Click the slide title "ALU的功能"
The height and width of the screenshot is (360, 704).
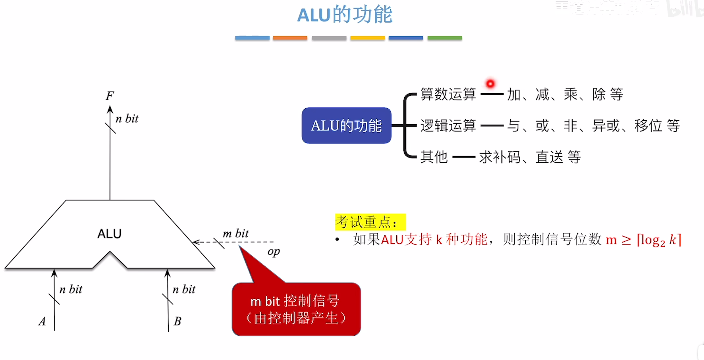coord(345,15)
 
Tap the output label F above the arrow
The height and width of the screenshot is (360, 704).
coord(110,96)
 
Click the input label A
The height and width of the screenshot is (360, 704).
coord(42,321)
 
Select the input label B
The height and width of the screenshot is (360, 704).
coord(177,321)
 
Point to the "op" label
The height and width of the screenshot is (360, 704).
coord(274,252)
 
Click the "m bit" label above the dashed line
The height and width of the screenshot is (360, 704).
coord(235,233)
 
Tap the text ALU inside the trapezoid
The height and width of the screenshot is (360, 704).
coord(109,234)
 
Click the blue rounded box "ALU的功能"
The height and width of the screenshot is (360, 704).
coord(346,125)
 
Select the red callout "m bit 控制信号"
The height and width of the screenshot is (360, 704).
coord(296,309)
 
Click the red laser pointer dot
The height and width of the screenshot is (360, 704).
coord(490,84)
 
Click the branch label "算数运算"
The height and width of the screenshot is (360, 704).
coord(448,94)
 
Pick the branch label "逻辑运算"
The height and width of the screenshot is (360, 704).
coord(448,126)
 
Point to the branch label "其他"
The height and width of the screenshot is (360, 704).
coord(434,157)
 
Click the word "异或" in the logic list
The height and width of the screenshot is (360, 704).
coord(606,126)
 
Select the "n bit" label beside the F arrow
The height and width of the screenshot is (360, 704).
coord(127,119)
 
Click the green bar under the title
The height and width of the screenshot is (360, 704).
coord(444,38)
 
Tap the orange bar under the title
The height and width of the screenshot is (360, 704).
coord(290,38)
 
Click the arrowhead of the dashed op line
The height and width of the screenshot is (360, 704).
coord(195,242)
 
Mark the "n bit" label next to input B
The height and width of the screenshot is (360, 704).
coord(184,289)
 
